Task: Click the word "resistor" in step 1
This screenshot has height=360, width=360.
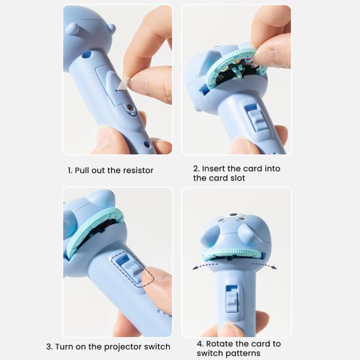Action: (138, 171)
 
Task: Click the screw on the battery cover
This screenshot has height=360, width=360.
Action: (130, 107)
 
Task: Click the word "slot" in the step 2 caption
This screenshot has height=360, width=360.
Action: (238, 178)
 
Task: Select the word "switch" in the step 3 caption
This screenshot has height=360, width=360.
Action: (157, 346)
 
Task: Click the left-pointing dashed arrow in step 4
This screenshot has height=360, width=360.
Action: (205, 265)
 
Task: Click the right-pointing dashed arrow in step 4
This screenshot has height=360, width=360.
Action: (265, 265)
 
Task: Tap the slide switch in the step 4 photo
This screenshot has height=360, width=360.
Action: (231, 299)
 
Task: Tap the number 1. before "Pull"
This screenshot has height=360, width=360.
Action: (70, 171)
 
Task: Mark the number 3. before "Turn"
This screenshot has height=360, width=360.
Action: (50, 346)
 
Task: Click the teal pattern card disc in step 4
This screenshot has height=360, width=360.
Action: (234, 254)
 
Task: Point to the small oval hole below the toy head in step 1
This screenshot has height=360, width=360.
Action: (86, 55)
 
